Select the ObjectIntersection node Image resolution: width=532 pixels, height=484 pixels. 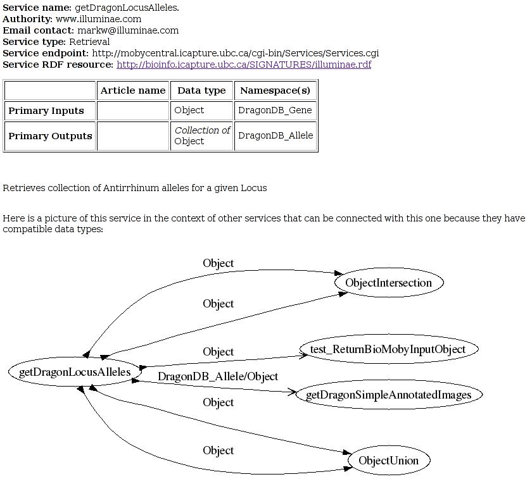(388, 283)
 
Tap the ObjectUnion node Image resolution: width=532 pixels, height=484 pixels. (388, 461)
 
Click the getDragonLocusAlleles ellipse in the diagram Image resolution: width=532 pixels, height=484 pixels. (75, 372)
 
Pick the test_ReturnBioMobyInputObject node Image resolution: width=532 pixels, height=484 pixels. (388, 349)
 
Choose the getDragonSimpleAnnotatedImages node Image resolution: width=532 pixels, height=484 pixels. (388, 395)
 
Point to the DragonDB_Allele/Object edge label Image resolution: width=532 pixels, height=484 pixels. (218, 376)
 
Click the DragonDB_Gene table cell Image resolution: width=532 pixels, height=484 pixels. (275, 110)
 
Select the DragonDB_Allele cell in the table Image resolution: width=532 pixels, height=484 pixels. (275, 135)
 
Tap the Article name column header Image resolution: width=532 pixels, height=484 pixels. (133, 90)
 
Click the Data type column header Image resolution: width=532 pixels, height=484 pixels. (201, 90)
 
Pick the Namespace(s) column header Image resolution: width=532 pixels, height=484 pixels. (275, 90)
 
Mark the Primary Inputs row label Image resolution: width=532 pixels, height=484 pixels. (46, 111)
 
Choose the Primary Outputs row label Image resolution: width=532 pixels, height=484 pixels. (50, 136)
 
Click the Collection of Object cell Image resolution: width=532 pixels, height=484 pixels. (202, 135)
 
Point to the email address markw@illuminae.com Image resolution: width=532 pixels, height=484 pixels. (128, 30)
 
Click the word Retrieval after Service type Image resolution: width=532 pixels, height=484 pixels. (89, 42)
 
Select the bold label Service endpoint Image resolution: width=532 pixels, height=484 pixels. (46, 53)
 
